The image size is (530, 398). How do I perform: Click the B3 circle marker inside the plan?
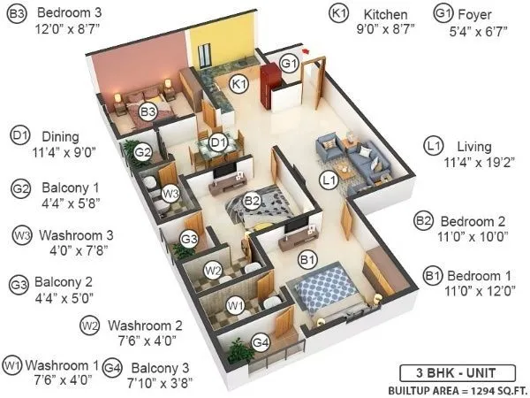coord(148,111)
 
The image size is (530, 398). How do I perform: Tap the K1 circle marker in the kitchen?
coord(236,84)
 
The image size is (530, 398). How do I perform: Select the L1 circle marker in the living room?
coord(329,181)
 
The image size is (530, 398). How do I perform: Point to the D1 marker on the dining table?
coord(218,141)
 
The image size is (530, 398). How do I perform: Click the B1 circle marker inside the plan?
coord(307,260)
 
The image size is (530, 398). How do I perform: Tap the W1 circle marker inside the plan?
coord(235,306)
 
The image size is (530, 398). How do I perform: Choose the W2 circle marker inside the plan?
coord(213,270)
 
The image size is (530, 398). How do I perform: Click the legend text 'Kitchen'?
coord(385,15)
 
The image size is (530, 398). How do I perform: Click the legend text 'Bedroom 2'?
coord(475,220)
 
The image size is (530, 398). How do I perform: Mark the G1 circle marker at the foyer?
coord(289,63)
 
